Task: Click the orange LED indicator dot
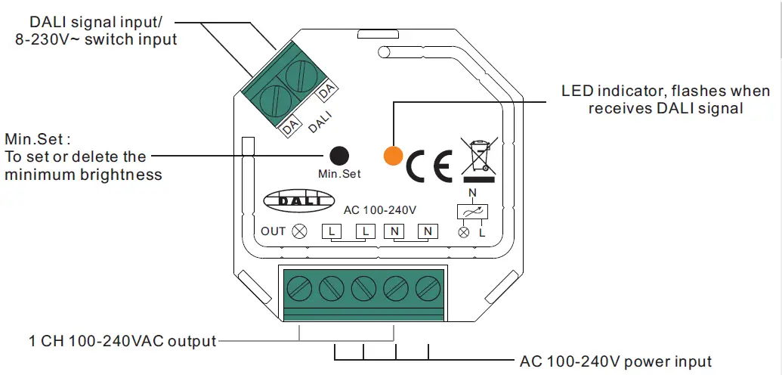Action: (393, 155)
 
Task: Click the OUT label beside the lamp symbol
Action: (274, 231)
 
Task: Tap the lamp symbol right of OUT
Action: (299, 231)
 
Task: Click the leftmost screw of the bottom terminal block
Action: (299, 288)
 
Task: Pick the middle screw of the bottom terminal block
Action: (363, 288)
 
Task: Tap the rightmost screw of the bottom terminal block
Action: (428, 288)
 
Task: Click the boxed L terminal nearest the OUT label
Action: (332, 231)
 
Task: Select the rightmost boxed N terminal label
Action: (428, 231)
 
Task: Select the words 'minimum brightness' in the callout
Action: (83, 175)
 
